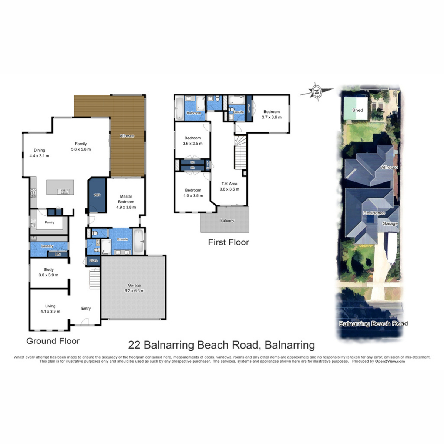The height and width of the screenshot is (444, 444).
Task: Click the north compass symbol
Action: (316, 91)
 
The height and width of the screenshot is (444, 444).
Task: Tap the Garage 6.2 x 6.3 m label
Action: (134, 288)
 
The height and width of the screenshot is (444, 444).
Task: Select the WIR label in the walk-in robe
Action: (97, 195)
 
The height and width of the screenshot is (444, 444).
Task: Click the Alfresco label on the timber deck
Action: (127, 136)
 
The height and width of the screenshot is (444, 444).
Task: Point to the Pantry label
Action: (50, 222)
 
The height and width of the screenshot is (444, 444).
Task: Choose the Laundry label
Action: (47, 246)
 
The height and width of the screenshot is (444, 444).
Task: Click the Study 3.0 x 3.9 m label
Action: (48, 272)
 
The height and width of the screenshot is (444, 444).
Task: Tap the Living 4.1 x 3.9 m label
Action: (50, 309)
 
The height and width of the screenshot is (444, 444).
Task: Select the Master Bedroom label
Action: (126, 202)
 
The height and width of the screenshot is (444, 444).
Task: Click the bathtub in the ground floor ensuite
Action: (138, 241)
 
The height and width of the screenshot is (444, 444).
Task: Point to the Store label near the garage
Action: (94, 260)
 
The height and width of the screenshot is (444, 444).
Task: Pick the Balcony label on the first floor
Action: (227, 221)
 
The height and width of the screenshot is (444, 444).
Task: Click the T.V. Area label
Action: (229, 186)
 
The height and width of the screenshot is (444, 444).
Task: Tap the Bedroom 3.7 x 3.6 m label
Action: (272, 114)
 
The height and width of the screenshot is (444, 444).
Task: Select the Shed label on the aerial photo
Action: (357, 110)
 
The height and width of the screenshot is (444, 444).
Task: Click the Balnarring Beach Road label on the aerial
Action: (373, 324)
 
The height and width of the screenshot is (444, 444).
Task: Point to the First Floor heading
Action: (228, 242)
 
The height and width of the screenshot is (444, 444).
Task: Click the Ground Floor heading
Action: (53, 341)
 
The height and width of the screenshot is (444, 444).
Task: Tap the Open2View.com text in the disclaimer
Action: (390, 361)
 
